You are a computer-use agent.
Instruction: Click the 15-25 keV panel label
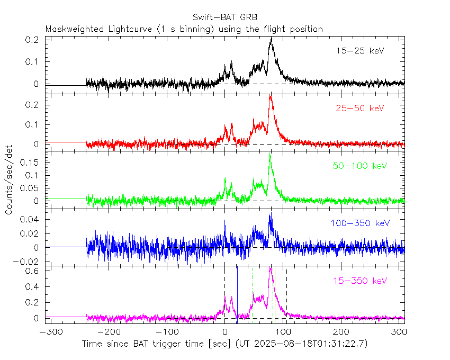point(359,51)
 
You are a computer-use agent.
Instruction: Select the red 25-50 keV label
point(359,108)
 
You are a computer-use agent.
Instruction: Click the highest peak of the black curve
point(271,39)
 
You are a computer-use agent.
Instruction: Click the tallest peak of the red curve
point(271,96)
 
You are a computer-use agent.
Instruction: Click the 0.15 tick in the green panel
point(31,163)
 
